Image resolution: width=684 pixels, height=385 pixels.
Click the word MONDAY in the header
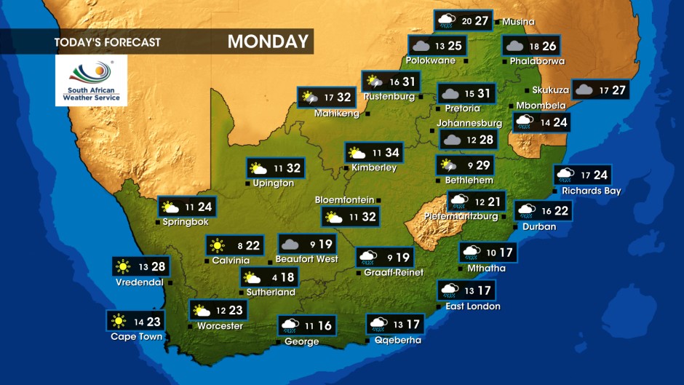(268, 41)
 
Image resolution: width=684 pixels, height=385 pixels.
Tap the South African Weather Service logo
(91, 81)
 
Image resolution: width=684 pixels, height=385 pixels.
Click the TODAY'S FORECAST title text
(107, 42)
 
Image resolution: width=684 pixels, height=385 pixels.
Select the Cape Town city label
(136, 337)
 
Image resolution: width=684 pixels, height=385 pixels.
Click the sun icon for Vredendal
(122, 267)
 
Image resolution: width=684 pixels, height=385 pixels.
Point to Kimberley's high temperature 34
(392, 153)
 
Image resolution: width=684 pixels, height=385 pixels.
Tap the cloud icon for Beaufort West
(290, 245)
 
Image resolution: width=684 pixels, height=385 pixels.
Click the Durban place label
(539, 227)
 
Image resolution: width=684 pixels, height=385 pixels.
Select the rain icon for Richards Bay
(565, 175)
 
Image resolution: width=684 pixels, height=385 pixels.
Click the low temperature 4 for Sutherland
(274, 278)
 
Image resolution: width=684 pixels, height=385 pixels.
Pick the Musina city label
(518, 22)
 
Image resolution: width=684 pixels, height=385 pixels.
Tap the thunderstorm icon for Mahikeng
(309, 98)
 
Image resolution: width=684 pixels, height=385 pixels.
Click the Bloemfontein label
(344, 200)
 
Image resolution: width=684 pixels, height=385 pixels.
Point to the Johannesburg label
(469, 124)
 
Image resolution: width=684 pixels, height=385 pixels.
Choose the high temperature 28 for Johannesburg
(485, 140)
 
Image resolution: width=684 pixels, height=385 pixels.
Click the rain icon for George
(290, 325)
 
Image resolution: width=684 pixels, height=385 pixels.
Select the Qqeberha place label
(397, 340)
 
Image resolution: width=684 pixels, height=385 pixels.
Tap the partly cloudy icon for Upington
(258, 169)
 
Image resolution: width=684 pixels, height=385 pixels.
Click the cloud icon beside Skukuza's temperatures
(584, 90)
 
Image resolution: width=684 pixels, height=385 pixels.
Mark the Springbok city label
(186, 221)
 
